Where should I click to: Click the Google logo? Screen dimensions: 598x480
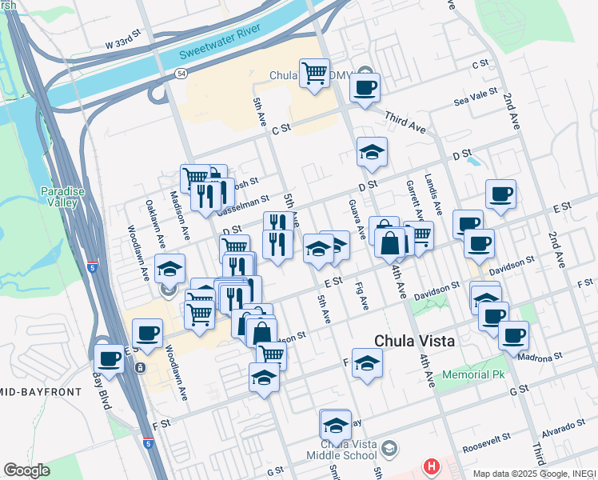click(x=26, y=470)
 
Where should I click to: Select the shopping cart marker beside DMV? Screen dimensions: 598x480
click(x=314, y=74)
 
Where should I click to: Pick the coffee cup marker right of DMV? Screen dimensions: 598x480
click(x=365, y=88)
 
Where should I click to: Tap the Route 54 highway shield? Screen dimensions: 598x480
click(x=182, y=74)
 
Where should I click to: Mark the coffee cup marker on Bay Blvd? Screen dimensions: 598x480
click(x=110, y=360)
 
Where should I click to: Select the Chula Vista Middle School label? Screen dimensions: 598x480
click(x=347, y=450)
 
